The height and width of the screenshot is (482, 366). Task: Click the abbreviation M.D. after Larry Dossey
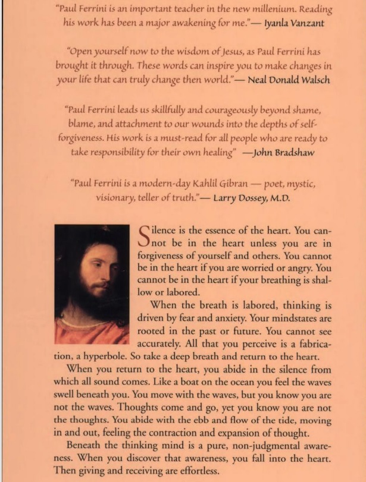point(277,199)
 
